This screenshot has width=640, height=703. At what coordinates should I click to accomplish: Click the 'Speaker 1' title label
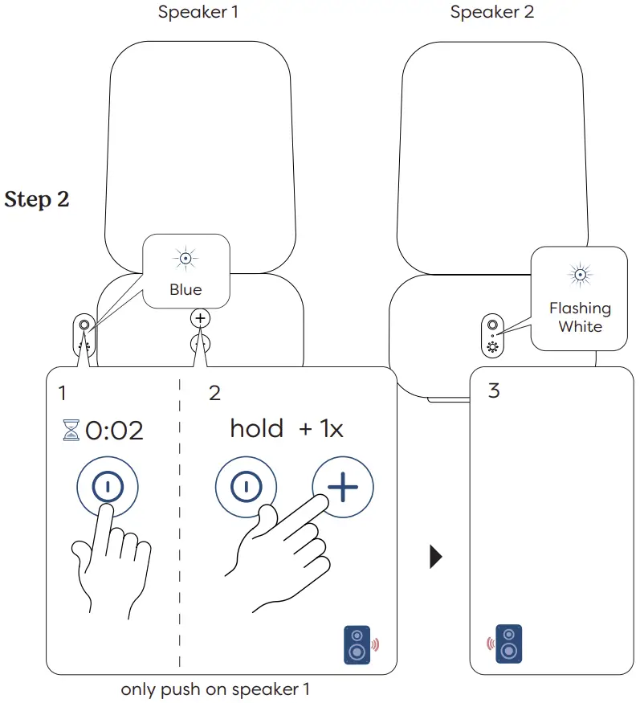pyautogui.click(x=198, y=12)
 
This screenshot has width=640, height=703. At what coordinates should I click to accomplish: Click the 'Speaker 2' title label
pyautogui.click(x=491, y=12)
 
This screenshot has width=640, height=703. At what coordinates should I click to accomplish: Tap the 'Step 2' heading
pyautogui.click(x=37, y=199)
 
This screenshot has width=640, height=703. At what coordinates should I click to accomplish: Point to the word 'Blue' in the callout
pyautogui.click(x=185, y=290)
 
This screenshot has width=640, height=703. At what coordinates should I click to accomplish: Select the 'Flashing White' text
pyautogui.click(x=580, y=317)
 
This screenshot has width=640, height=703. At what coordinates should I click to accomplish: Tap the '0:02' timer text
pyautogui.click(x=114, y=431)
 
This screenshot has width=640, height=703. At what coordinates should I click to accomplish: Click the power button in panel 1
pyautogui.click(x=108, y=487)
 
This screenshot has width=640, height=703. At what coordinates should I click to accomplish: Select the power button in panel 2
pyautogui.click(x=246, y=487)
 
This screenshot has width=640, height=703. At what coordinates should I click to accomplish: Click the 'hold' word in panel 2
pyautogui.click(x=256, y=428)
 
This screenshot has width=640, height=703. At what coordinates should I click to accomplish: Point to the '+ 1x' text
pyautogui.click(x=321, y=429)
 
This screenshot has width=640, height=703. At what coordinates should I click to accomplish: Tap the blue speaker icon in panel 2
pyautogui.click(x=357, y=644)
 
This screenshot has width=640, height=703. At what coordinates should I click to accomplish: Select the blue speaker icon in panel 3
pyautogui.click(x=508, y=644)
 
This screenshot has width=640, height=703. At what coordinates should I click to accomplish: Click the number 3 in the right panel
pyautogui.click(x=494, y=391)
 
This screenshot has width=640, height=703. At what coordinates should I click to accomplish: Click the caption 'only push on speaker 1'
pyautogui.click(x=214, y=689)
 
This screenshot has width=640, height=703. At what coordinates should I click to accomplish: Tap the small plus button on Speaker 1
pyautogui.click(x=201, y=318)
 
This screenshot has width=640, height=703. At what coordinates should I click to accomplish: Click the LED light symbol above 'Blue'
pyautogui.click(x=185, y=259)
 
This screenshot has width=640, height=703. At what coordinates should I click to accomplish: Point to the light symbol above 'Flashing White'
pyautogui.click(x=579, y=275)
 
